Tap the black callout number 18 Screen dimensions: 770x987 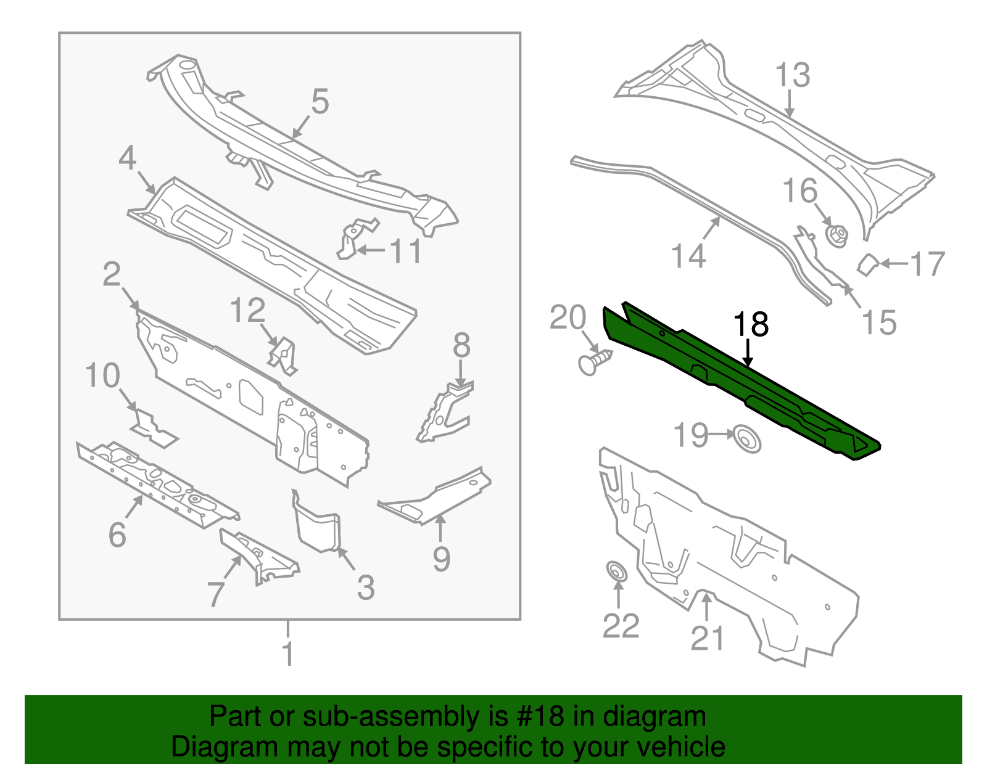(751, 325)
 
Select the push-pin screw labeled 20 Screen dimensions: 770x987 (594, 361)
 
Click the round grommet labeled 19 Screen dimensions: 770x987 (746, 440)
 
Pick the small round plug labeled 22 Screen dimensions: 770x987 (616, 571)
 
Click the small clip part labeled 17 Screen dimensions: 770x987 (867, 264)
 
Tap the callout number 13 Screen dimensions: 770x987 (792, 75)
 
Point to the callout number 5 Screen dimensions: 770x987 (320, 101)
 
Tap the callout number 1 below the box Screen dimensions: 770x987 (287, 653)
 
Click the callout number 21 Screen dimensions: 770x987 (707, 637)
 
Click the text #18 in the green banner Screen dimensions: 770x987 (537, 717)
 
